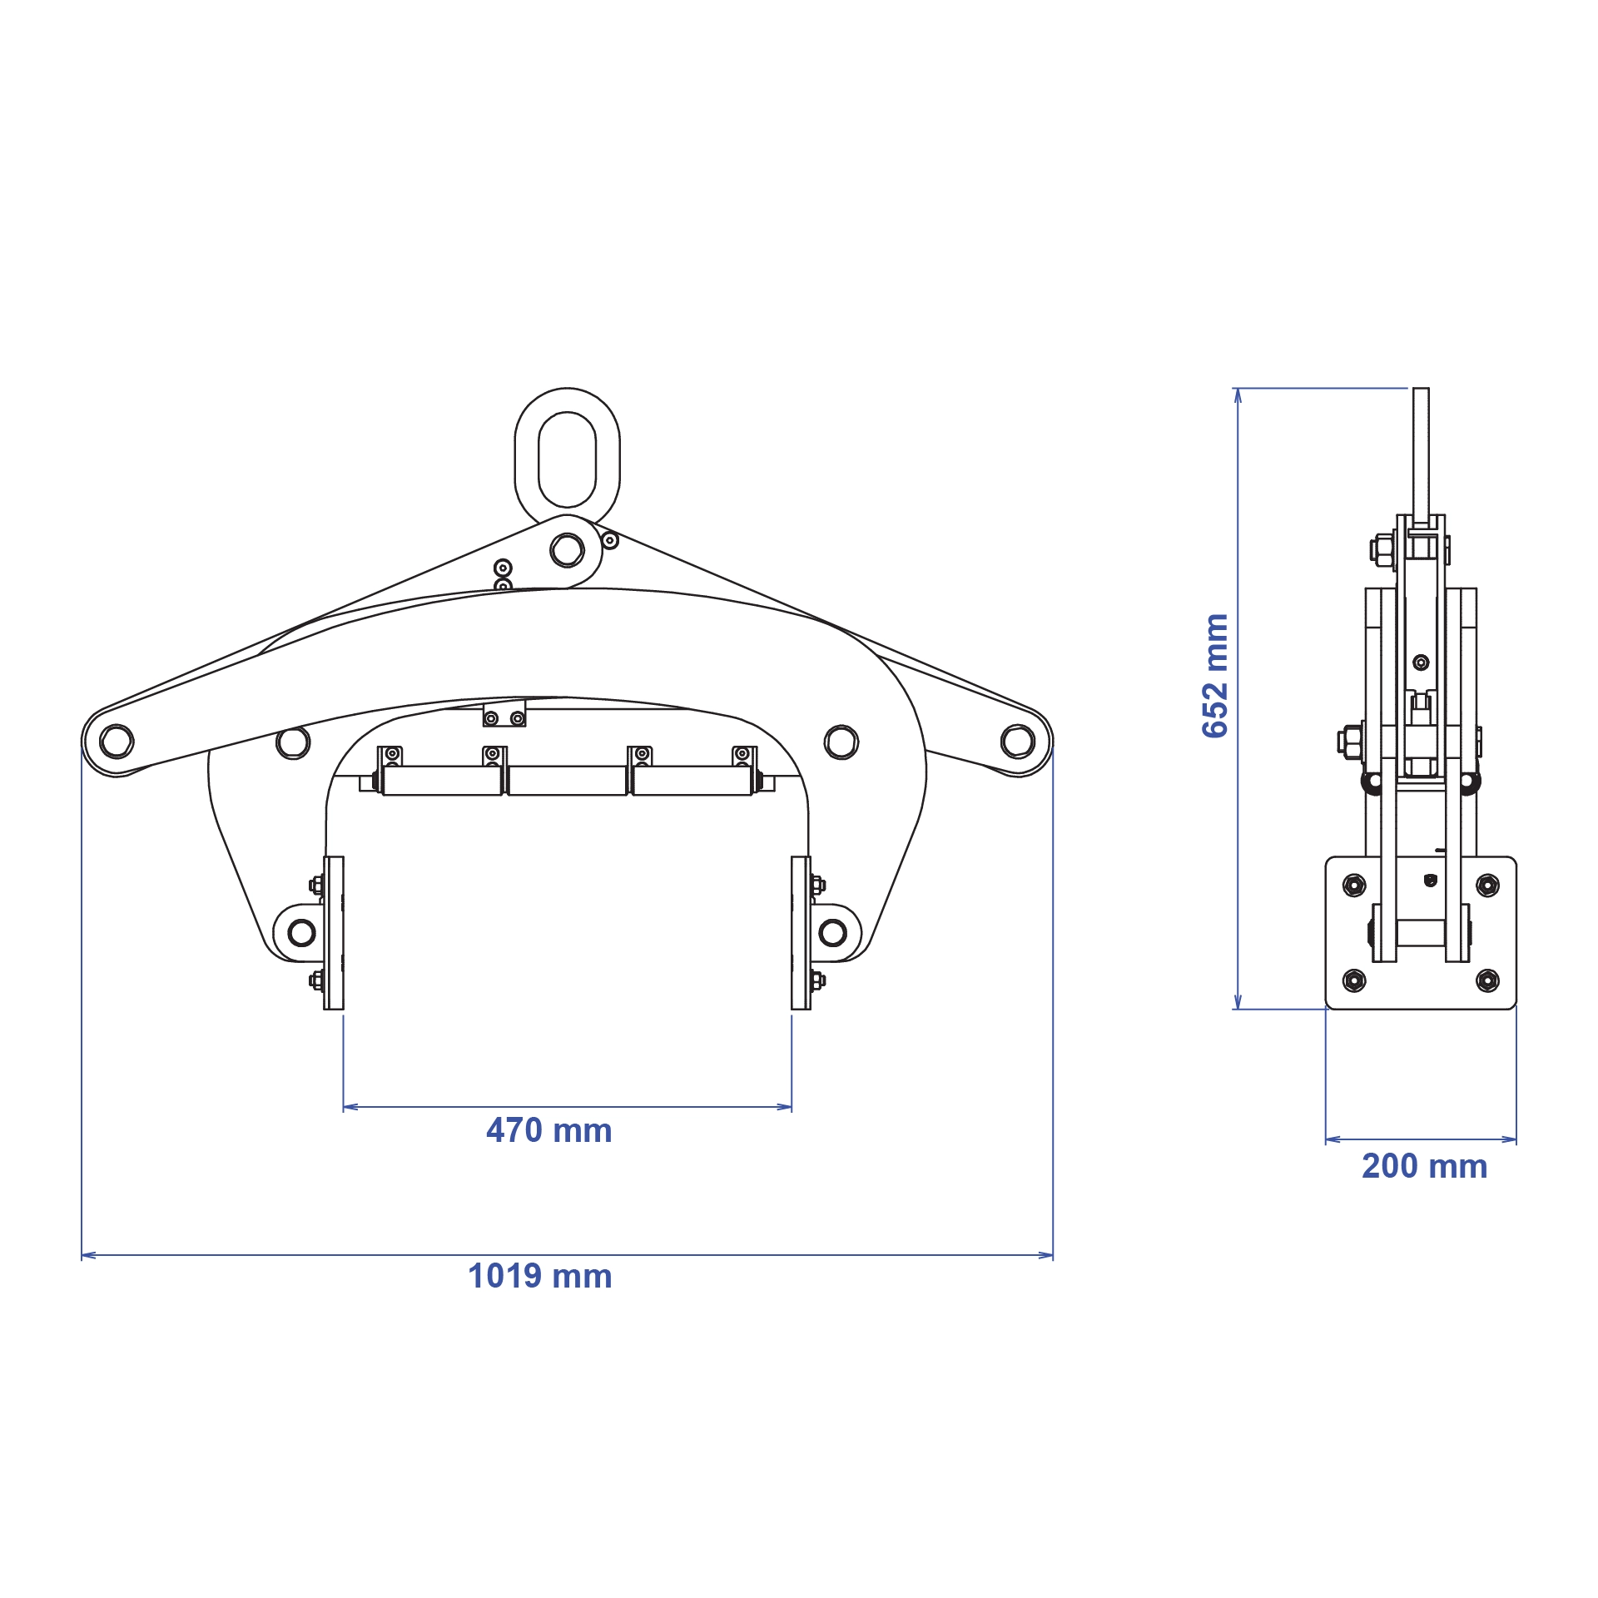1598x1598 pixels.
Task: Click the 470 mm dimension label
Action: (548, 1131)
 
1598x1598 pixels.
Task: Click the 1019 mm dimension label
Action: (539, 1277)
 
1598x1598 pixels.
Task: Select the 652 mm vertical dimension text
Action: (1216, 676)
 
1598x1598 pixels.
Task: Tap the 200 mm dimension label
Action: (1424, 1166)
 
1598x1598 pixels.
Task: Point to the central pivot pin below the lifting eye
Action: (567, 550)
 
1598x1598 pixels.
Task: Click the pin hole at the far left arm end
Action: (116, 741)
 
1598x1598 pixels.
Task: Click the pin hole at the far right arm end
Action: (1018, 741)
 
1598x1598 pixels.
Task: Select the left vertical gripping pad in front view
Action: (334, 933)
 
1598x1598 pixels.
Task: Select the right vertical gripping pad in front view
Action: (801, 933)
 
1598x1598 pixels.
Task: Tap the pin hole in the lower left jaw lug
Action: (301, 932)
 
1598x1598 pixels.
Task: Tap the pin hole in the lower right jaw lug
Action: (832, 932)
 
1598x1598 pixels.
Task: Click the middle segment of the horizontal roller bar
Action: (567, 781)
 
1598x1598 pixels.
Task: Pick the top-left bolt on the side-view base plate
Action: (1354, 886)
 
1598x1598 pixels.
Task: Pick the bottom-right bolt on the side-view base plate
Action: (1487, 980)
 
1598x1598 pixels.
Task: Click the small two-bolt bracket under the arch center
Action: (504, 715)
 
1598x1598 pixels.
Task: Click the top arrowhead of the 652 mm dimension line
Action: (1238, 395)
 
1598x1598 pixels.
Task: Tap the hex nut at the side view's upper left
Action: (1379, 549)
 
